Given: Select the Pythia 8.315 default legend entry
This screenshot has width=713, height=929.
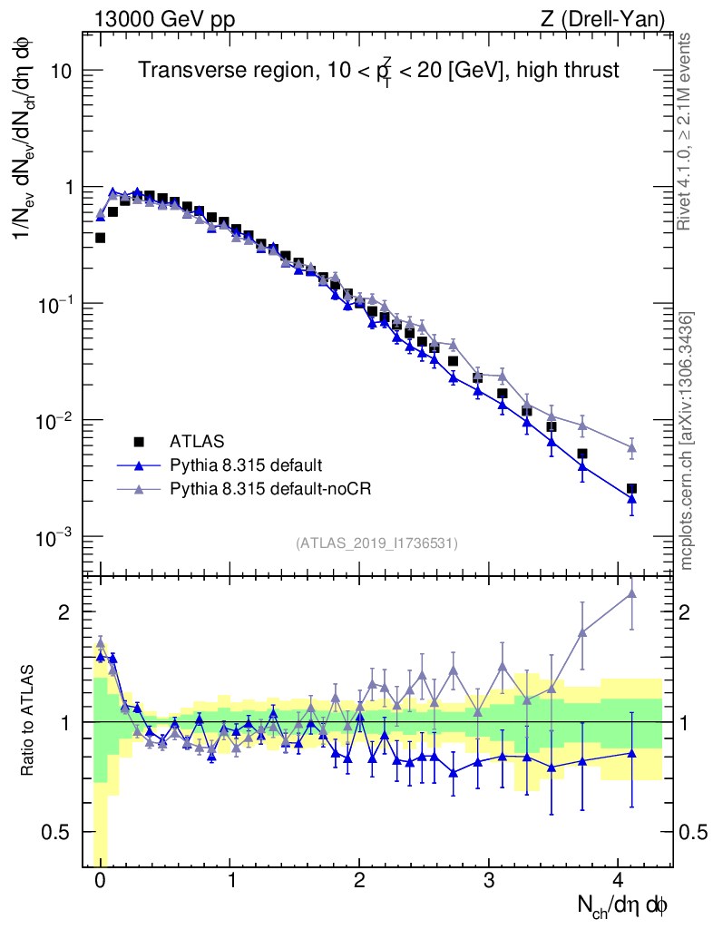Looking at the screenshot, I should (246, 465).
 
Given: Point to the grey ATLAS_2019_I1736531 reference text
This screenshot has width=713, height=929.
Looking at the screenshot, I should (376, 543).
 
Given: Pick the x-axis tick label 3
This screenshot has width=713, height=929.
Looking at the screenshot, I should (488, 880).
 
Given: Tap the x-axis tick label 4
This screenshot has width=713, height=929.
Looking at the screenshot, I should (618, 880).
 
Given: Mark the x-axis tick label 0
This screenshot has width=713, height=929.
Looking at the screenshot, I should (100, 880).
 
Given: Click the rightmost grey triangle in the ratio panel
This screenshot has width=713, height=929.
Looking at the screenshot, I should (631, 593).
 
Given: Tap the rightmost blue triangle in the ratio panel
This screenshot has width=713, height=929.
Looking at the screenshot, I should (631, 753).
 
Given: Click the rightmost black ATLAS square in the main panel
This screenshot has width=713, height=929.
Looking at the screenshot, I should (631, 488).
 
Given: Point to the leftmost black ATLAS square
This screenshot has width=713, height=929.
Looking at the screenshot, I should (100, 238).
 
